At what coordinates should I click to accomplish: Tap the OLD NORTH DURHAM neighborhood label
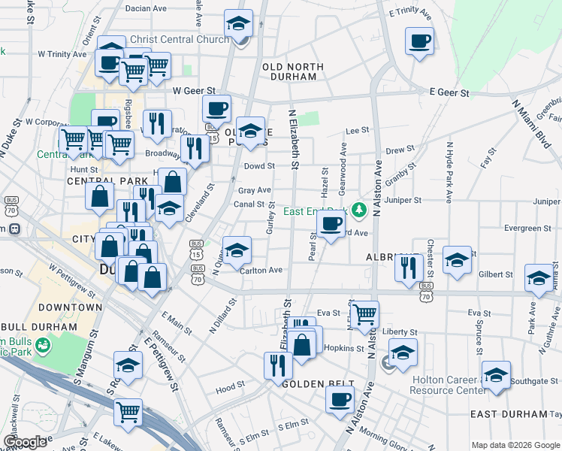tap(293, 72)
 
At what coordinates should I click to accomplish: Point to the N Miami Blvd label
tap(530, 128)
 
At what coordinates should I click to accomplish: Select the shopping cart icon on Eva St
tap(364, 313)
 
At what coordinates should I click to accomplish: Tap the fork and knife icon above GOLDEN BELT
tap(278, 365)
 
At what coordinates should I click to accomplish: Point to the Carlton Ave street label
tap(261, 271)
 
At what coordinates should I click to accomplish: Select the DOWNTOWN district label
tap(71, 307)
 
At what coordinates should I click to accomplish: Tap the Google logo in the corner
tap(24, 442)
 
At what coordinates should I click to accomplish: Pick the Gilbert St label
tap(497, 275)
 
